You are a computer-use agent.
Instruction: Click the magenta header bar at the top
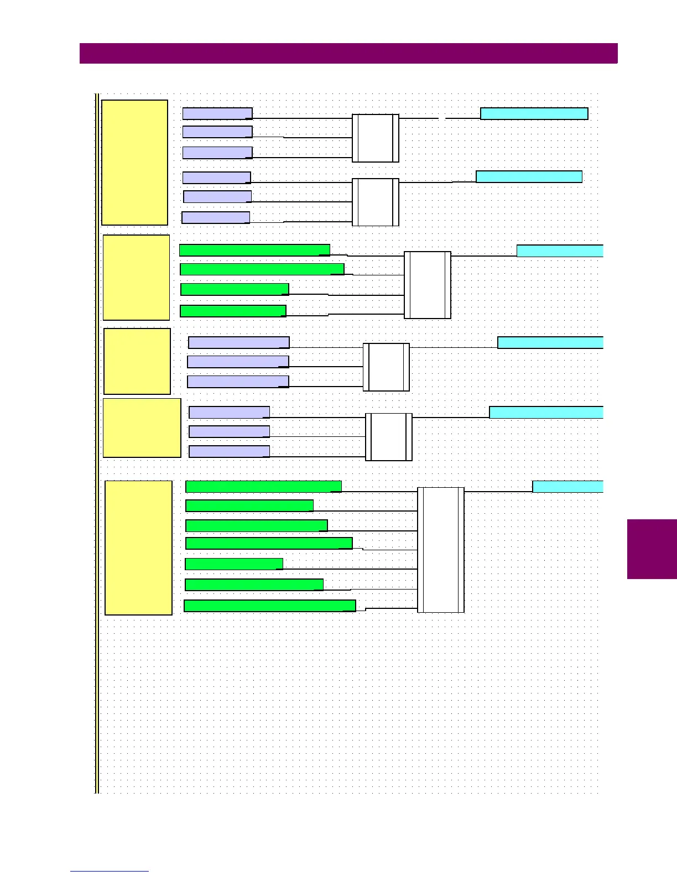click(348, 54)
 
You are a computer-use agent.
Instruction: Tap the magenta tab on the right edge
click(652, 549)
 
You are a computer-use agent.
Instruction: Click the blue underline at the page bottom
click(110, 872)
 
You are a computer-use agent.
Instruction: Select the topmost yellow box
click(134, 163)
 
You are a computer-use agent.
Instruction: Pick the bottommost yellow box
click(138, 547)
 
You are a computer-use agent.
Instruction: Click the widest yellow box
click(142, 427)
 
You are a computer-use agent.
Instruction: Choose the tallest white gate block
click(440, 550)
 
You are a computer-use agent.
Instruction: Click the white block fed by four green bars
click(427, 285)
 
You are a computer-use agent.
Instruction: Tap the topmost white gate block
click(376, 138)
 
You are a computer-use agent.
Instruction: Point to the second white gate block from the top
click(376, 202)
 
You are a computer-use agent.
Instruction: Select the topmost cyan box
click(534, 113)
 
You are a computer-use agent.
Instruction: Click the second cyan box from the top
click(529, 176)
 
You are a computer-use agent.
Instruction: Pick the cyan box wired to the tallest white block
click(567, 487)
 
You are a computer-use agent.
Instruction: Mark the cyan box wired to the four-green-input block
click(560, 251)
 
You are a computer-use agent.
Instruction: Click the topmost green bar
click(254, 250)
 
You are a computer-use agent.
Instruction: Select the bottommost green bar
click(269, 606)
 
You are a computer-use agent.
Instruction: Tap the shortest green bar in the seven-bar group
click(233, 564)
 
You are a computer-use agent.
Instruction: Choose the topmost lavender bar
click(217, 113)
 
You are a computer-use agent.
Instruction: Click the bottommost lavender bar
click(229, 451)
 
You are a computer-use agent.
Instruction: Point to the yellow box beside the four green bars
click(136, 278)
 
